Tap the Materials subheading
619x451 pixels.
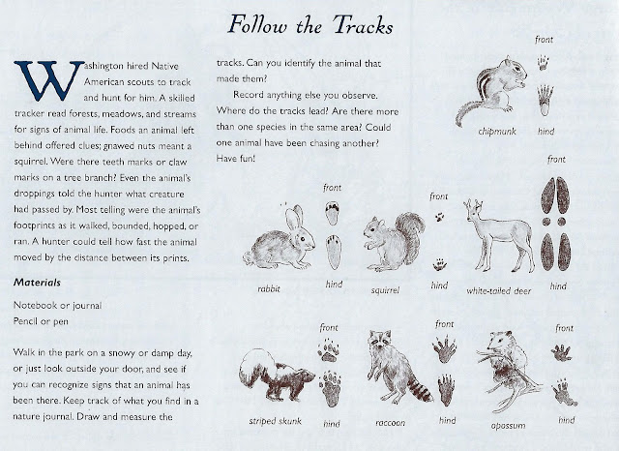[x=38, y=284]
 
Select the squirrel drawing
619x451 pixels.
[x=390, y=242]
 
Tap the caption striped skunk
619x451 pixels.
[x=276, y=423]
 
